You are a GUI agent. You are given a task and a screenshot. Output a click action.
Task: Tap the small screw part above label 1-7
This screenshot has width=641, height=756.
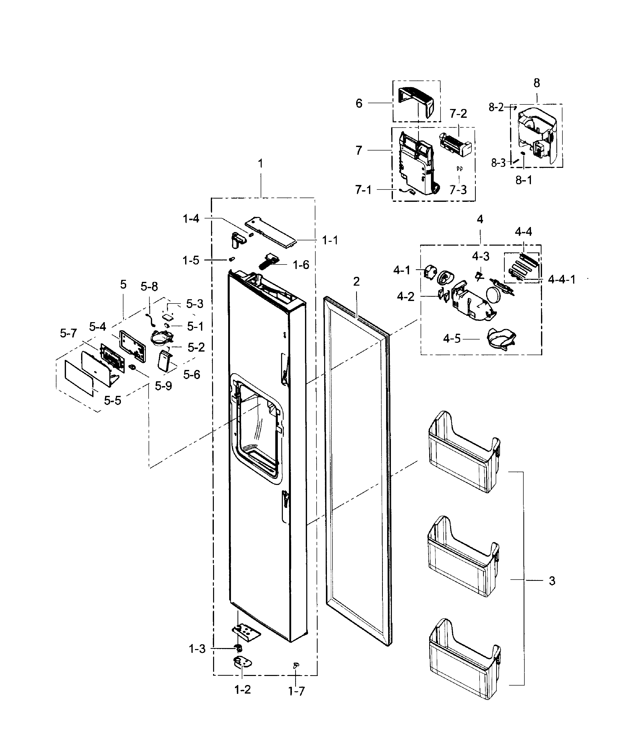[296, 664]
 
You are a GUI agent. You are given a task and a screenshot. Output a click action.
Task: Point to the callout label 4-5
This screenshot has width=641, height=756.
[452, 339]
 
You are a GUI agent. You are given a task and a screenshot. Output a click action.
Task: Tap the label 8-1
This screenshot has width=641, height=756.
[524, 180]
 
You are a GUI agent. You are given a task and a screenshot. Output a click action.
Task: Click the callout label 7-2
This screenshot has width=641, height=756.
[458, 114]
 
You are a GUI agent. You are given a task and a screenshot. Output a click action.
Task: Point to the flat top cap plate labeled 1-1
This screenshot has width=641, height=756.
[271, 232]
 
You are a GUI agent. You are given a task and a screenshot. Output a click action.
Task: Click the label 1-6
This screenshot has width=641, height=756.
[301, 265]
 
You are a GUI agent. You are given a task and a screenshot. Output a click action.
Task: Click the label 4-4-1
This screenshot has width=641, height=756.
[561, 280]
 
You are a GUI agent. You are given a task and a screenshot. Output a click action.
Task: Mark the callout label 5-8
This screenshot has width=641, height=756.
[149, 287]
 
